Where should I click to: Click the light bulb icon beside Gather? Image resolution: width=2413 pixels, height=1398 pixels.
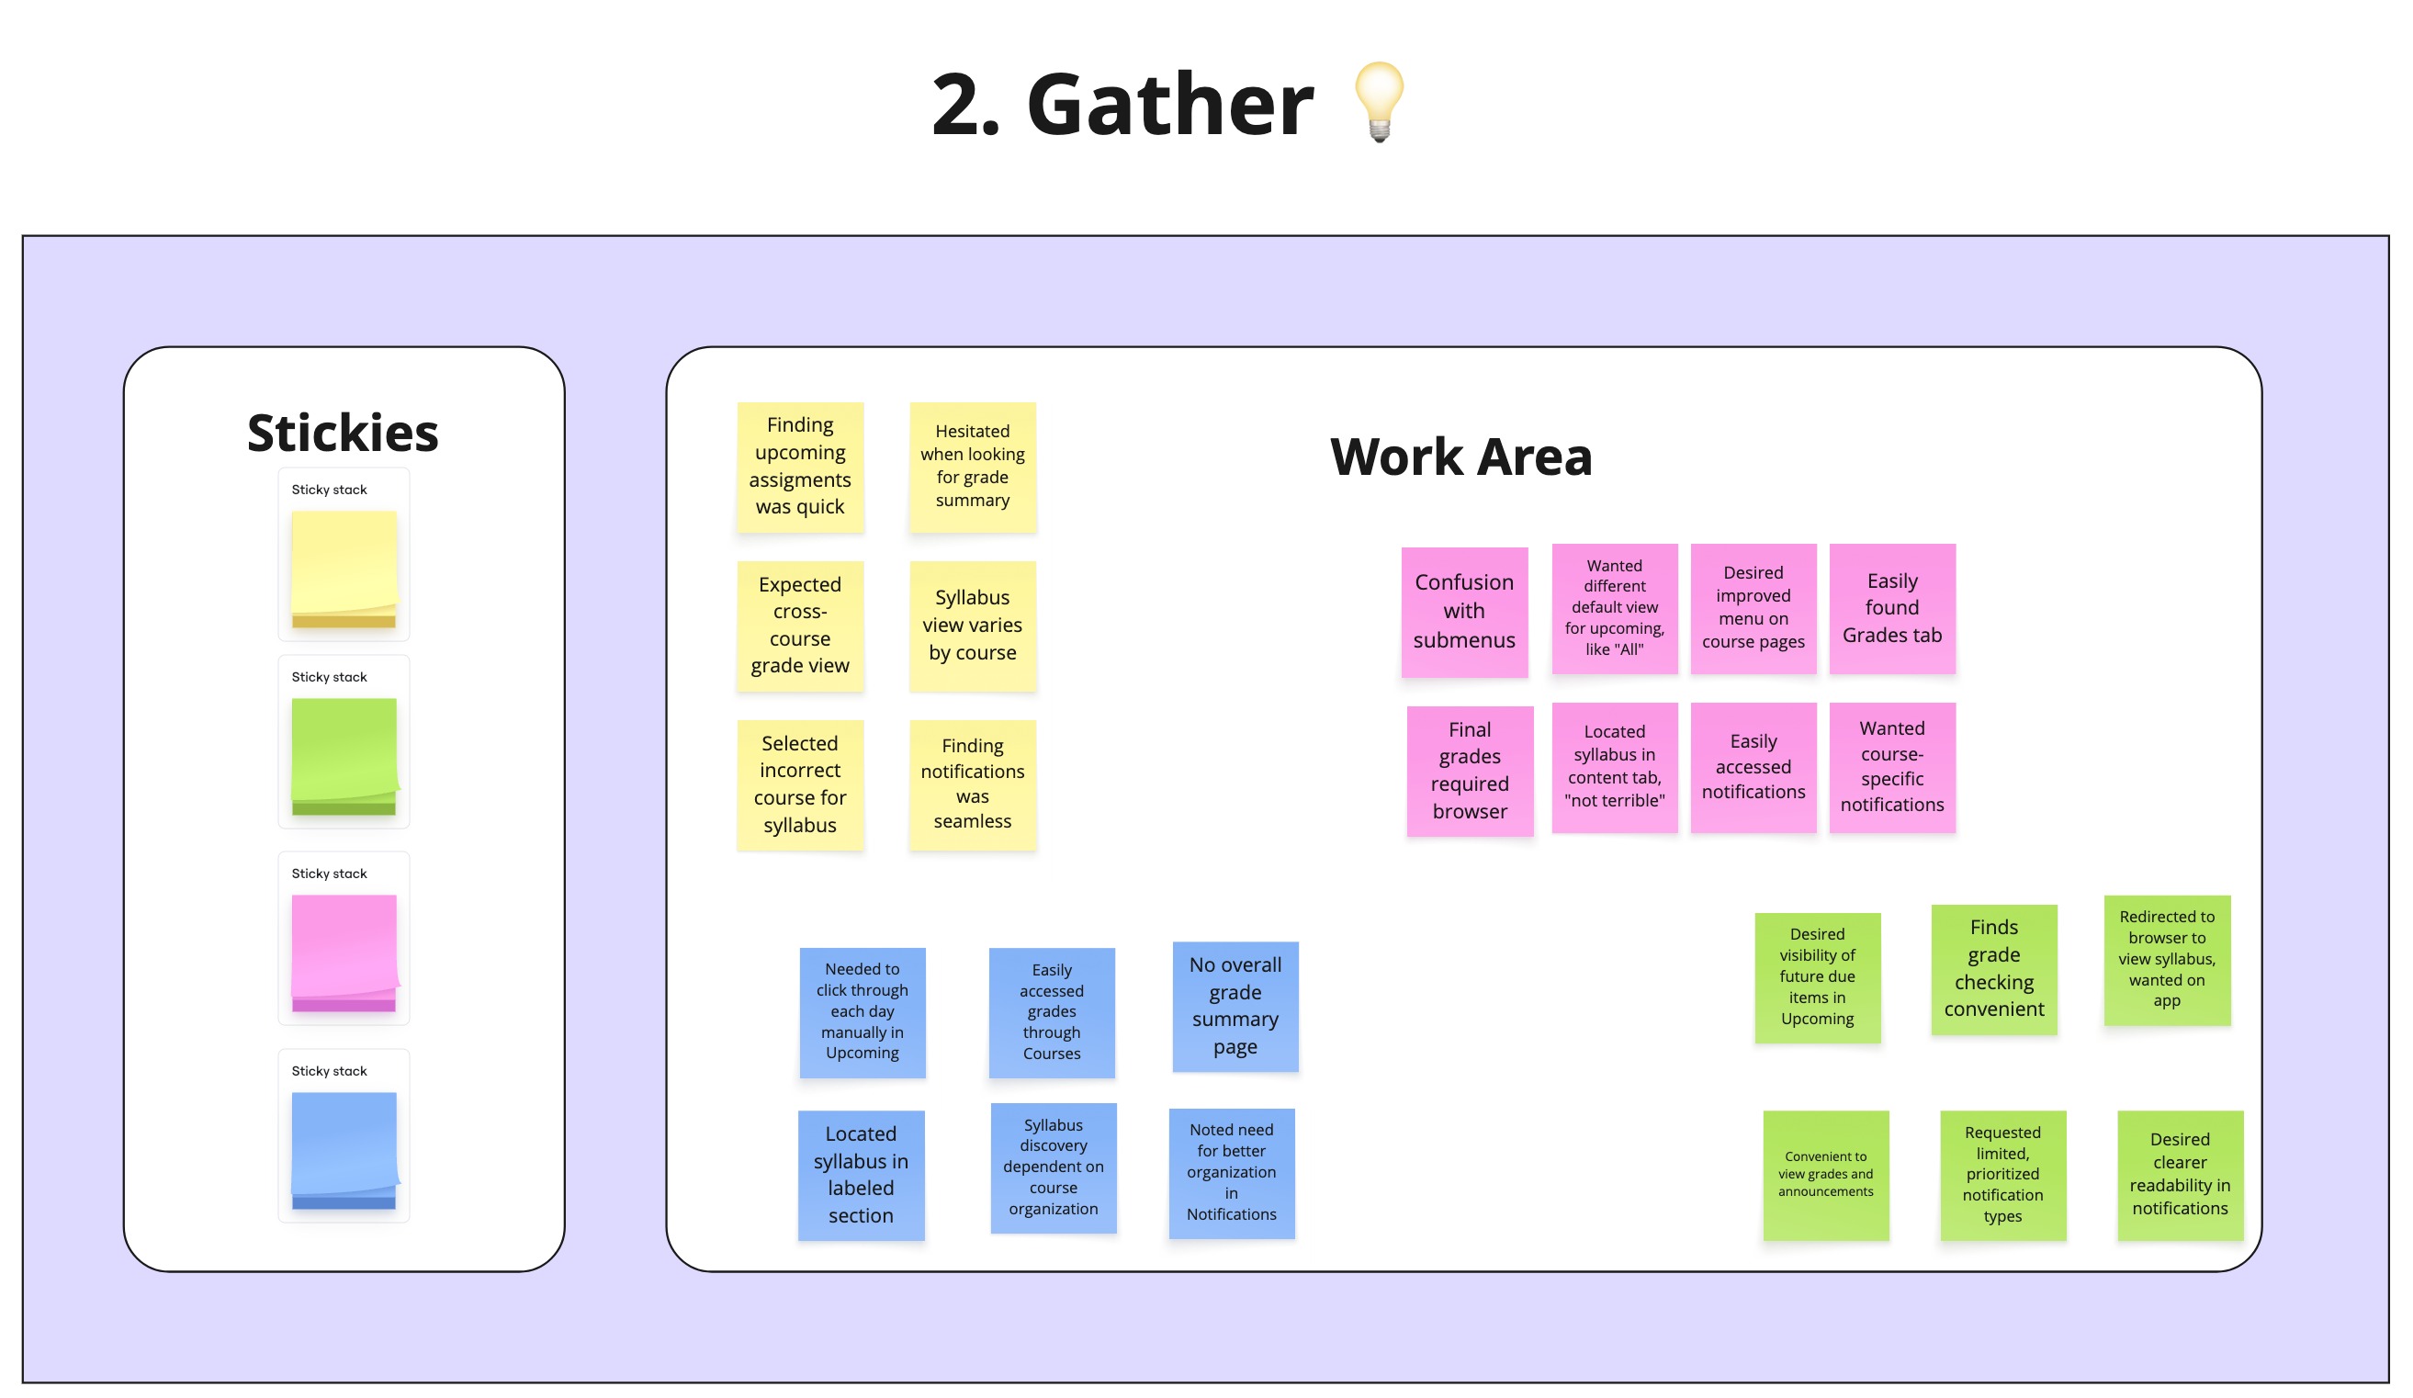(1379, 102)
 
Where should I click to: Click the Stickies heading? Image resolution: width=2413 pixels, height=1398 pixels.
(343, 433)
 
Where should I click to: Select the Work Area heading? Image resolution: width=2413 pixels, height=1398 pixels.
(1460, 457)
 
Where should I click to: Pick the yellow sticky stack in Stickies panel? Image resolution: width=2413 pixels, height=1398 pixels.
(344, 569)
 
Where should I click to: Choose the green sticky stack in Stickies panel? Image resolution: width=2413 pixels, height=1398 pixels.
(344, 756)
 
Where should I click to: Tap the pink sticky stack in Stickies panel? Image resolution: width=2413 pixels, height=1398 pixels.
(344, 953)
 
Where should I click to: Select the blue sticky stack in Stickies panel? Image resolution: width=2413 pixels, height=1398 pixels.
(344, 1149)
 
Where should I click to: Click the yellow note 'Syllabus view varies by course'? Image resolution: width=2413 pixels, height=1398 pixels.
(972, 626)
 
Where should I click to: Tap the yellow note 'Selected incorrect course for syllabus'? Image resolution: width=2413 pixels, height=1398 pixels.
(799, 784)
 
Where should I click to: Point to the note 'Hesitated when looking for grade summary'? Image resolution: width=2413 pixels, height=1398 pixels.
(972, 467)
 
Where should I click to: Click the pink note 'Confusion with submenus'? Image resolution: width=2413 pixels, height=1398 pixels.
(1464, 612)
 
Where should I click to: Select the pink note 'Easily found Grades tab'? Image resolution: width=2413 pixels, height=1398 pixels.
(1891, 608)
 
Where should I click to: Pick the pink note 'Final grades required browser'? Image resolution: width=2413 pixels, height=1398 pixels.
(1469, 771)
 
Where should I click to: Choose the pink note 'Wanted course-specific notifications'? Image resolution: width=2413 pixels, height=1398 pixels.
(1891, 767)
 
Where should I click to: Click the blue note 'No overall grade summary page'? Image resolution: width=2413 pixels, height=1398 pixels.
(1235, 1006)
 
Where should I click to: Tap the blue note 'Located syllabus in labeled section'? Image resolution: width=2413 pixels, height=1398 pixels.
(861, 1175)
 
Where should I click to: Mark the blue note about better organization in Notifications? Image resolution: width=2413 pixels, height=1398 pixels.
(1232, 1173)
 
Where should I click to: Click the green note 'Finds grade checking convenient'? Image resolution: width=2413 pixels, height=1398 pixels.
(1993, 969)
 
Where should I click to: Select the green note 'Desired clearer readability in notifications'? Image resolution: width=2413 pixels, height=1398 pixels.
(2180, 1175)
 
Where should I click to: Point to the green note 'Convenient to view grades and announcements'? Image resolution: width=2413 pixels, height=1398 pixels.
(1825, 1175)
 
